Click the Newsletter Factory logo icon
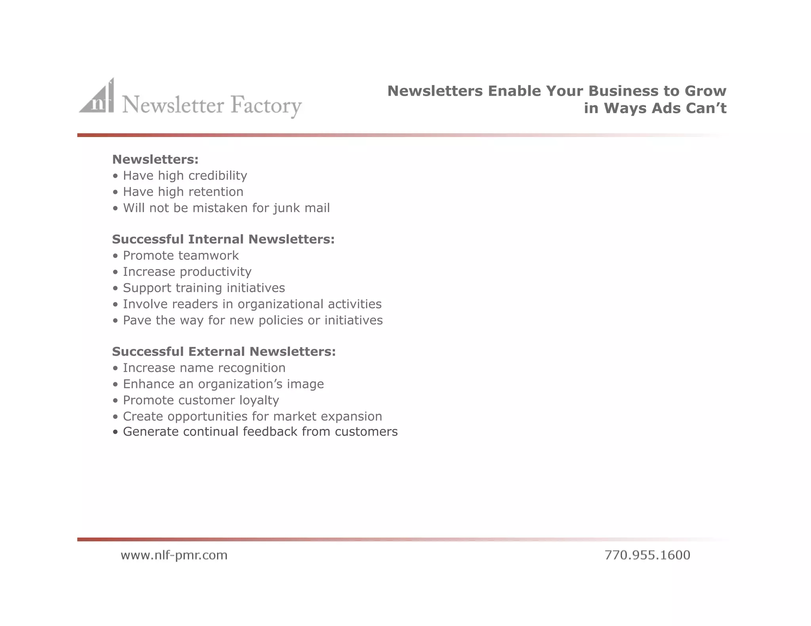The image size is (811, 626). point(97,97)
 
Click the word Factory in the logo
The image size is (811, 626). point(266,105)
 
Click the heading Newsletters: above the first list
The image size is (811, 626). point(155,159)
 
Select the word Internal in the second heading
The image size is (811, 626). point(216,239)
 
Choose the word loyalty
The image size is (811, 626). point(259,400)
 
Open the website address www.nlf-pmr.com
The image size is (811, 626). point(174,555)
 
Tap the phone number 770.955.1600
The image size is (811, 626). point(647,555)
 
